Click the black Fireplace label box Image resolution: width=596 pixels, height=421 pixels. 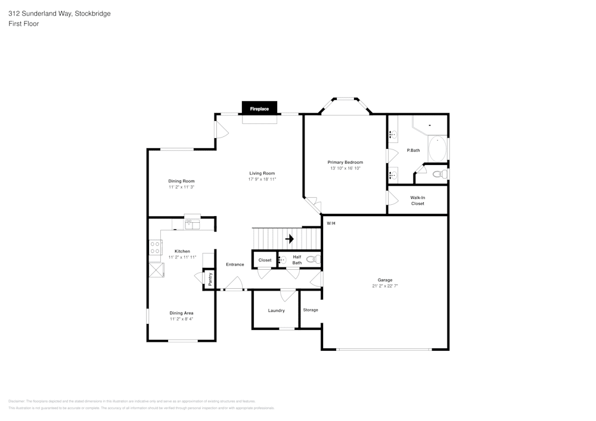pos(259,109)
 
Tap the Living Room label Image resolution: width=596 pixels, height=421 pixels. pos(262,173)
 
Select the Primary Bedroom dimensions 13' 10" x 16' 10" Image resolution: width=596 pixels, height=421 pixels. pos(345,169)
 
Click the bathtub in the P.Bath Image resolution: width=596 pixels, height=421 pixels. pos(438,149)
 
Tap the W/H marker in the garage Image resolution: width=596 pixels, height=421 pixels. pos(331,223)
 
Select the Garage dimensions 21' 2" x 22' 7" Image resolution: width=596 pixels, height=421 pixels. pos(384,286)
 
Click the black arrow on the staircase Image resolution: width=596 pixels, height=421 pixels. pos(290,239)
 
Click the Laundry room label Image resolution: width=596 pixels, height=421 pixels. pos(276,310)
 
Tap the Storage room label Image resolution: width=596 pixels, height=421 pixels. pos(311,310)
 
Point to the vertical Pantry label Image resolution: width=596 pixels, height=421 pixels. pos(210,279)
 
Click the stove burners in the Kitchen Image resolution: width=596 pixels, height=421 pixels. pos(155,247)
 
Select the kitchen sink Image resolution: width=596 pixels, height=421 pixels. pos(193,224)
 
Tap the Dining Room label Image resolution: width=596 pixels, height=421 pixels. pos(181,181)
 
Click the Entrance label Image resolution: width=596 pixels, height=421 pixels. pos(235,264)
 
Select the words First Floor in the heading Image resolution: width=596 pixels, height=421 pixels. pos(24,24)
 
